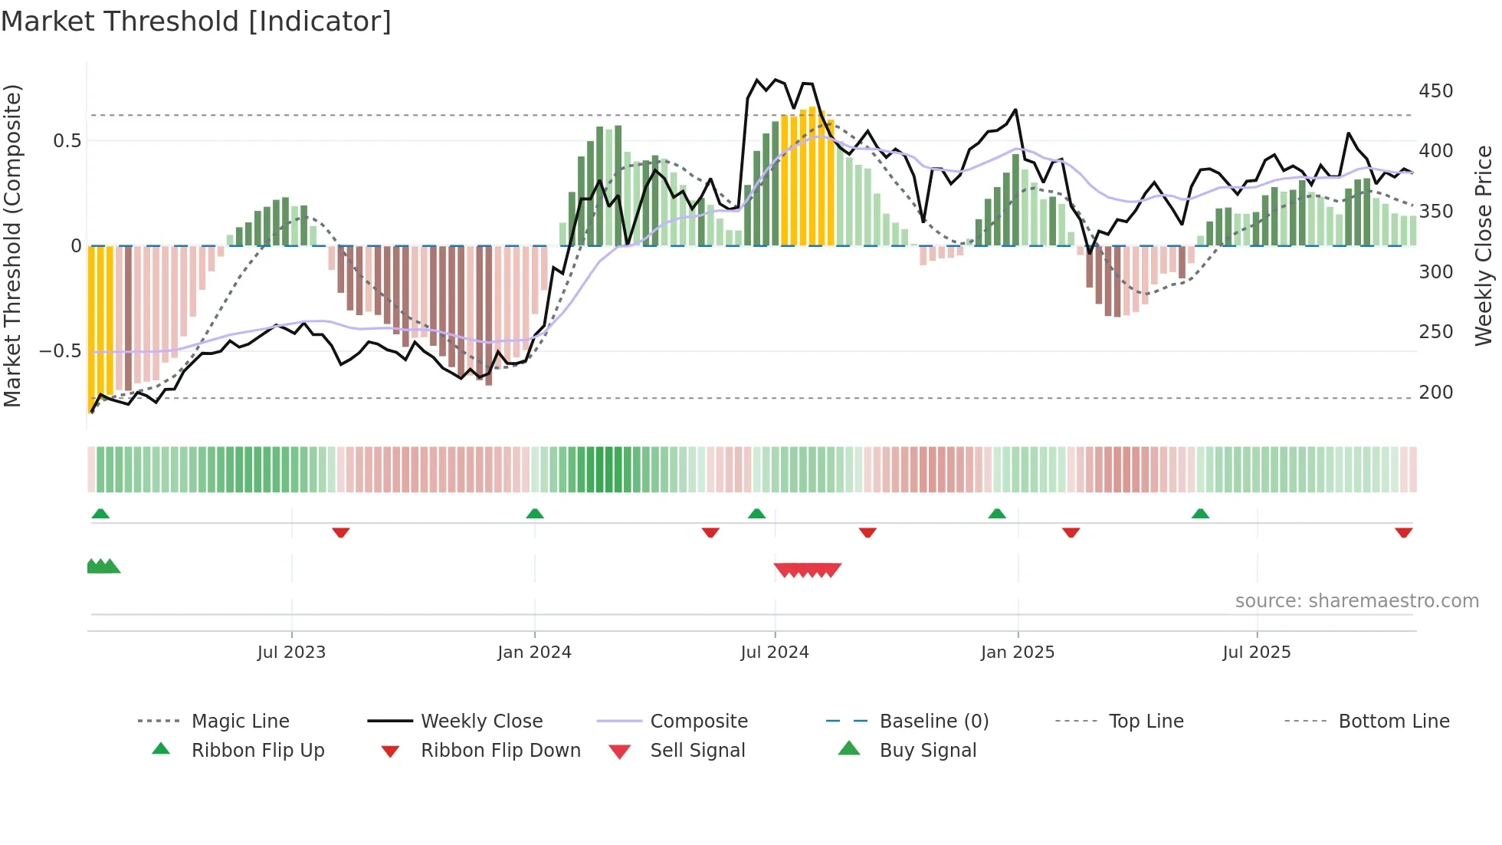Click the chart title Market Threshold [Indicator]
[196, 21]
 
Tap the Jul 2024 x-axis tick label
[774, 653]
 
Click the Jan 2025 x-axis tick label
[1017, 653]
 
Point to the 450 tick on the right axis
[1435, 91]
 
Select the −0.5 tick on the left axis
[60, 351]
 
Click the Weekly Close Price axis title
[1484, 245]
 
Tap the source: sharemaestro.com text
[1356, 601]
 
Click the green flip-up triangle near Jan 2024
[535, 514]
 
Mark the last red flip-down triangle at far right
[1403, 533]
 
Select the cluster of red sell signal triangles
[807, 570]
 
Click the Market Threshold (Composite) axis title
[12, 245]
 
